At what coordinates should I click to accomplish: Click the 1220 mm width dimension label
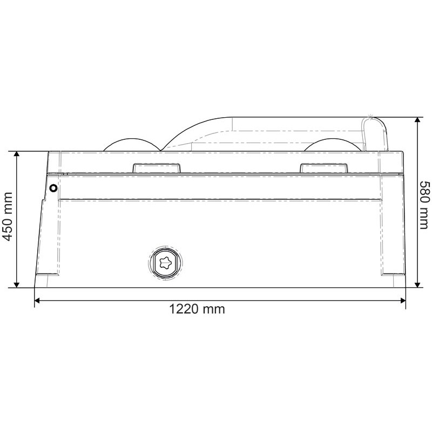pyautogui.click(x=197, y=309)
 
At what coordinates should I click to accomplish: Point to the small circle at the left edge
pyautogui.click(x=53, y=188)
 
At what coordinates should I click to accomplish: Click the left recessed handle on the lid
pyautogui.click(x=156, y=168)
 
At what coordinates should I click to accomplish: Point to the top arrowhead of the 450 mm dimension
pyautogui.click(x=17, y=155)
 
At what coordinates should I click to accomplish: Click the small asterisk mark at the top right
pyautogui.click(x=370, y=115)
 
